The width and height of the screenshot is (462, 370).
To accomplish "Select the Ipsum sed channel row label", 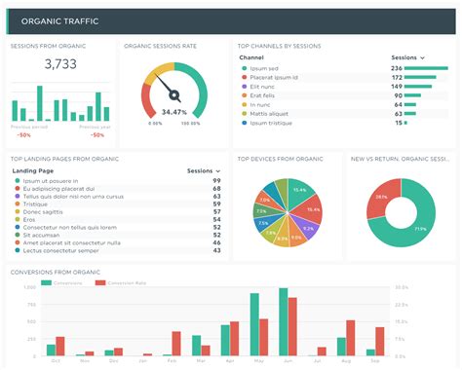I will [x=266, y=69].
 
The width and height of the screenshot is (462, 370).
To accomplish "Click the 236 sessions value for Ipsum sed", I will [x=397, y=69].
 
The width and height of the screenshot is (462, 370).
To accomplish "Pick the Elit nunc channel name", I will [x=264, y=88].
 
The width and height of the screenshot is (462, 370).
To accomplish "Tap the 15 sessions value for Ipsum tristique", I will [x=399, y=124].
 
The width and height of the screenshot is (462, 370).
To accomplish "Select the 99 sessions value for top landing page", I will [x=216, y=181].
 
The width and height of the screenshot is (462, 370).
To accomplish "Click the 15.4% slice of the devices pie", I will [x=299, y=190].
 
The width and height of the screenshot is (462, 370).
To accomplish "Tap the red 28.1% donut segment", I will [x=383, y=196].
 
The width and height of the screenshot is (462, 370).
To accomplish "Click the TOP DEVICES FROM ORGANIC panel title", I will [x=280, y=158].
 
